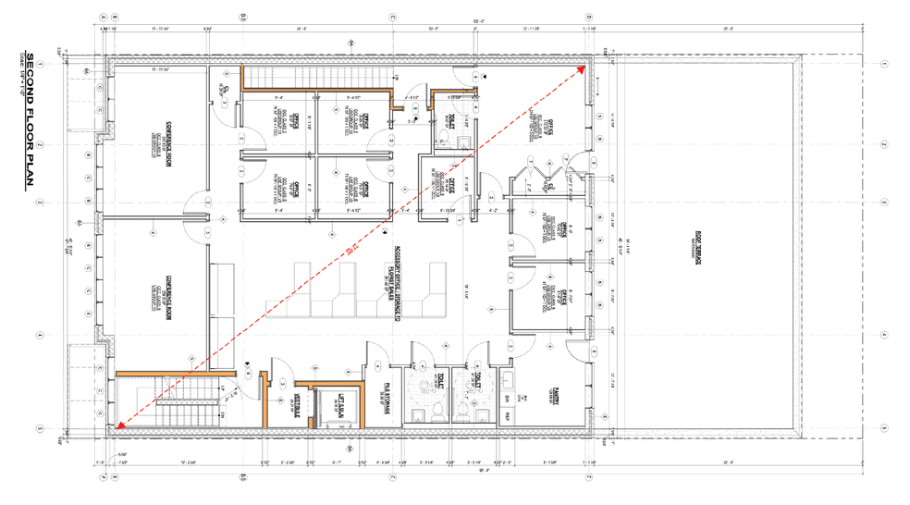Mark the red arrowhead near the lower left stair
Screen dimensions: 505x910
click(117, 425)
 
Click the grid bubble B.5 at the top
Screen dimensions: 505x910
click(243, 17)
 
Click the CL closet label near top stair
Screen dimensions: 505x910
click(229, 90)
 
